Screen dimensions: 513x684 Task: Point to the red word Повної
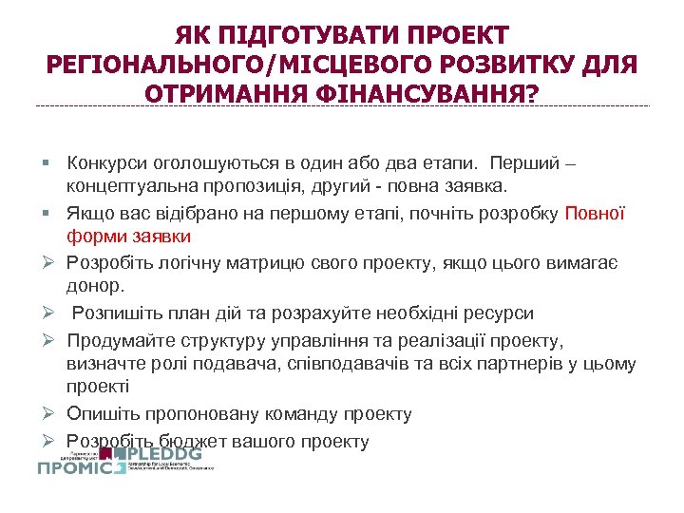[596, 213]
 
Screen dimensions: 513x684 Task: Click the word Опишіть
[103, 414]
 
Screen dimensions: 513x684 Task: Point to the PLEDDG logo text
[169, 454]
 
